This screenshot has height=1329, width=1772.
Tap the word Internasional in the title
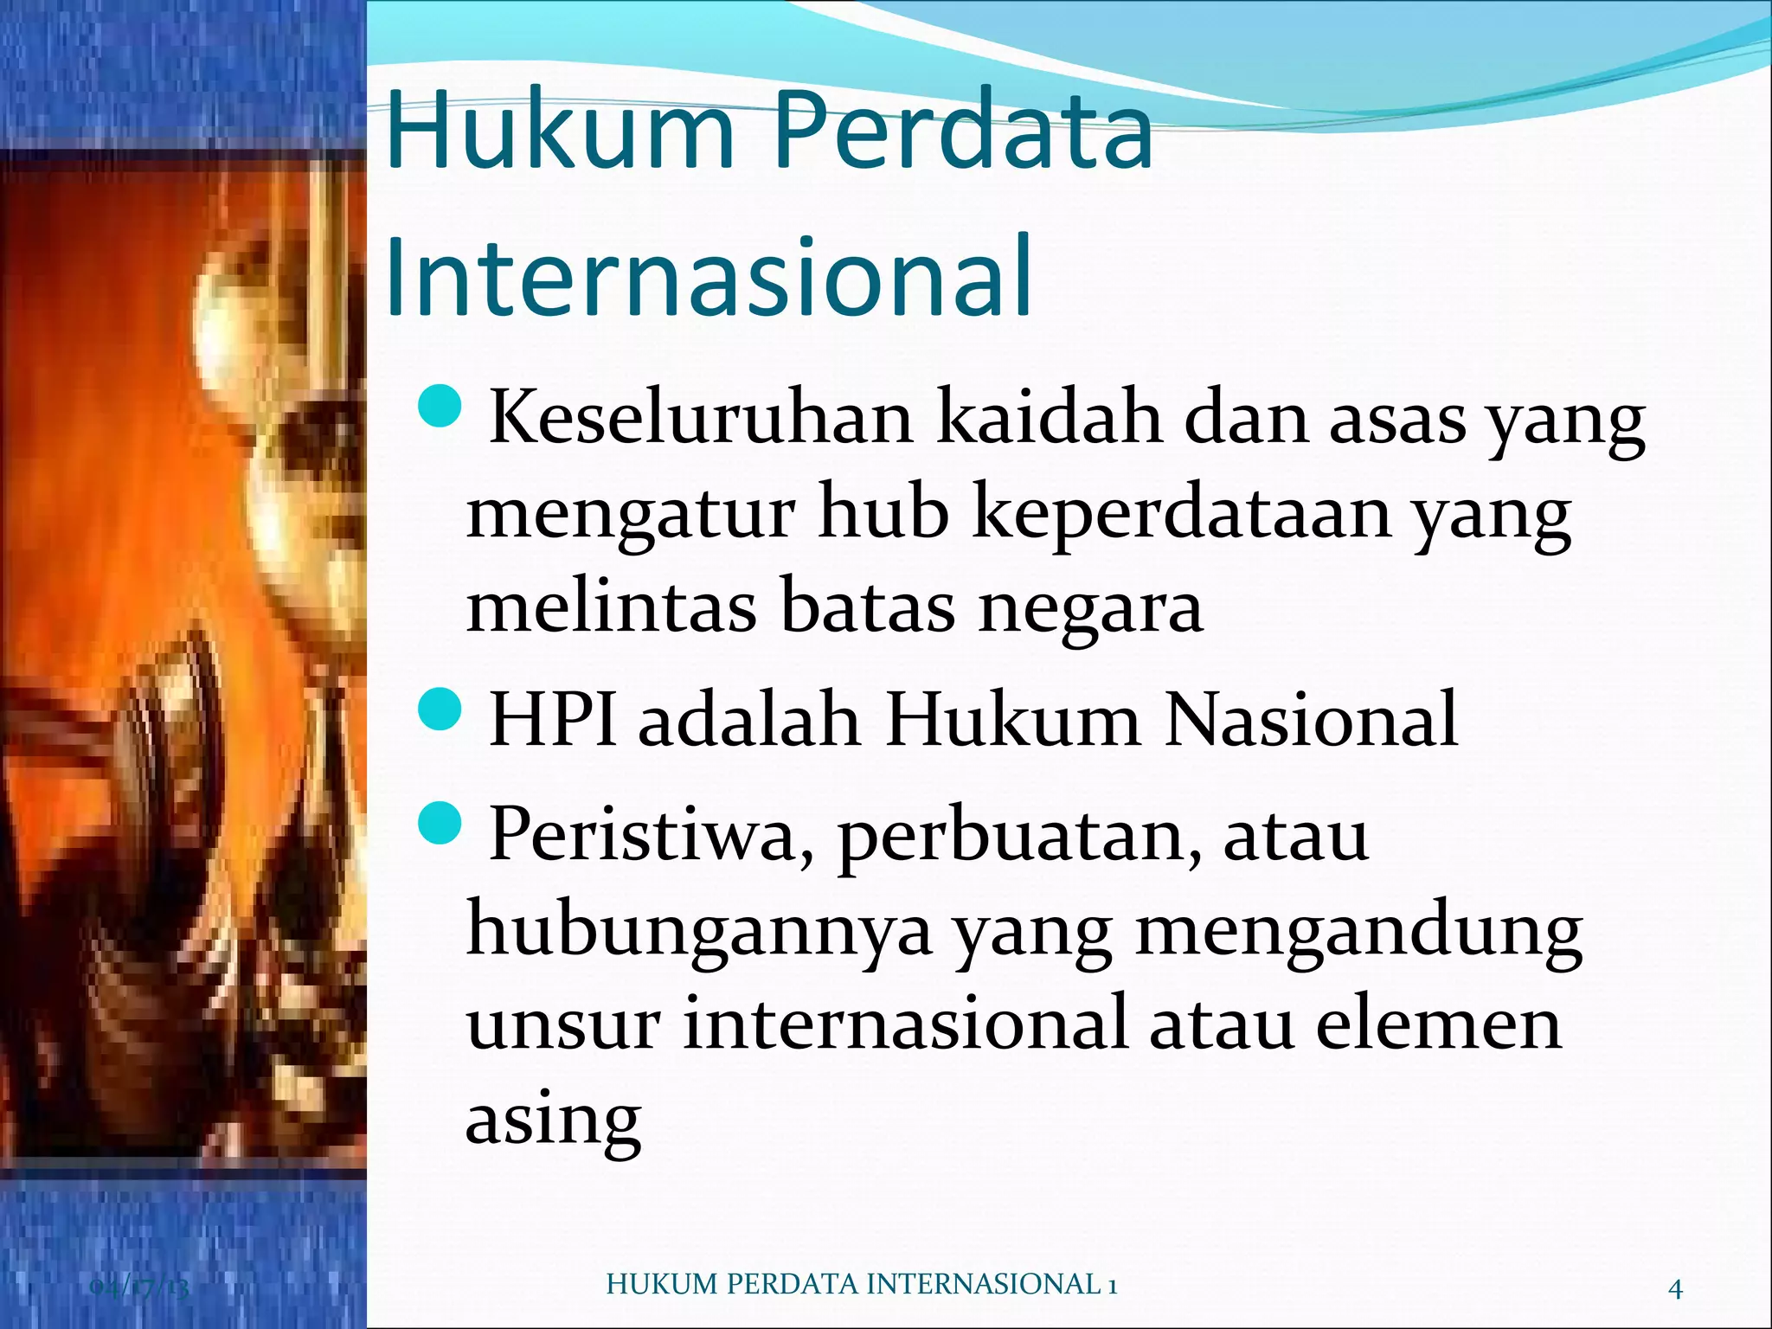[x=709, y=277]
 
